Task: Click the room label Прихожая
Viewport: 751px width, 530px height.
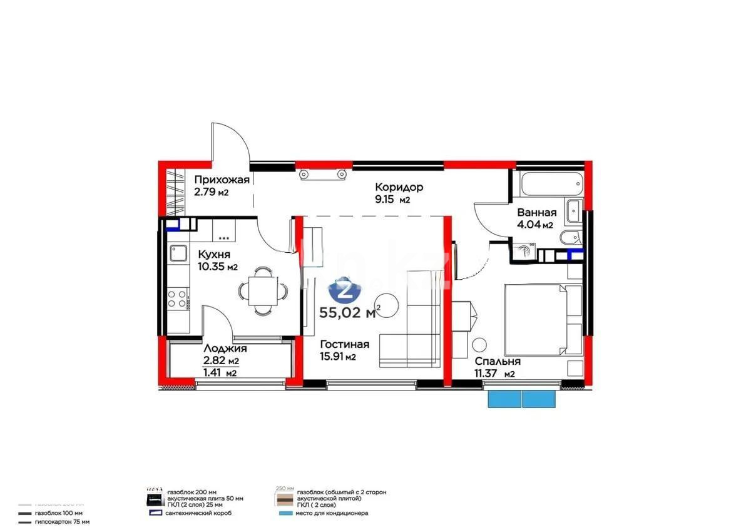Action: [x=222, y=180]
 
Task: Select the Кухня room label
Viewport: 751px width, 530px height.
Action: [x=214, y=255]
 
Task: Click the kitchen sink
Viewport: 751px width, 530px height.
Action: [x=178, y=253]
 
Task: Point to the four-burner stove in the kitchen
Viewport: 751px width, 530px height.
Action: [x=178, y=298]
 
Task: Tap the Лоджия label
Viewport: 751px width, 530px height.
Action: [x=225, y=349]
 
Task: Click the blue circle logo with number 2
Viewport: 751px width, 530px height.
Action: [x=343, y=290]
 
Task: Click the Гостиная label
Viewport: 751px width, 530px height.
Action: [x=344, y=345]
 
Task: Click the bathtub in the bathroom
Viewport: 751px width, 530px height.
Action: [x=551, y=183]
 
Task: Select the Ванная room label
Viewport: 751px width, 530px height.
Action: [x=536, y=213]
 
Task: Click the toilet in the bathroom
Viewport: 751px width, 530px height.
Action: [x=570, y=238]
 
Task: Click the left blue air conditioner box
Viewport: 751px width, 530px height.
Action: [x=504, y=399]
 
